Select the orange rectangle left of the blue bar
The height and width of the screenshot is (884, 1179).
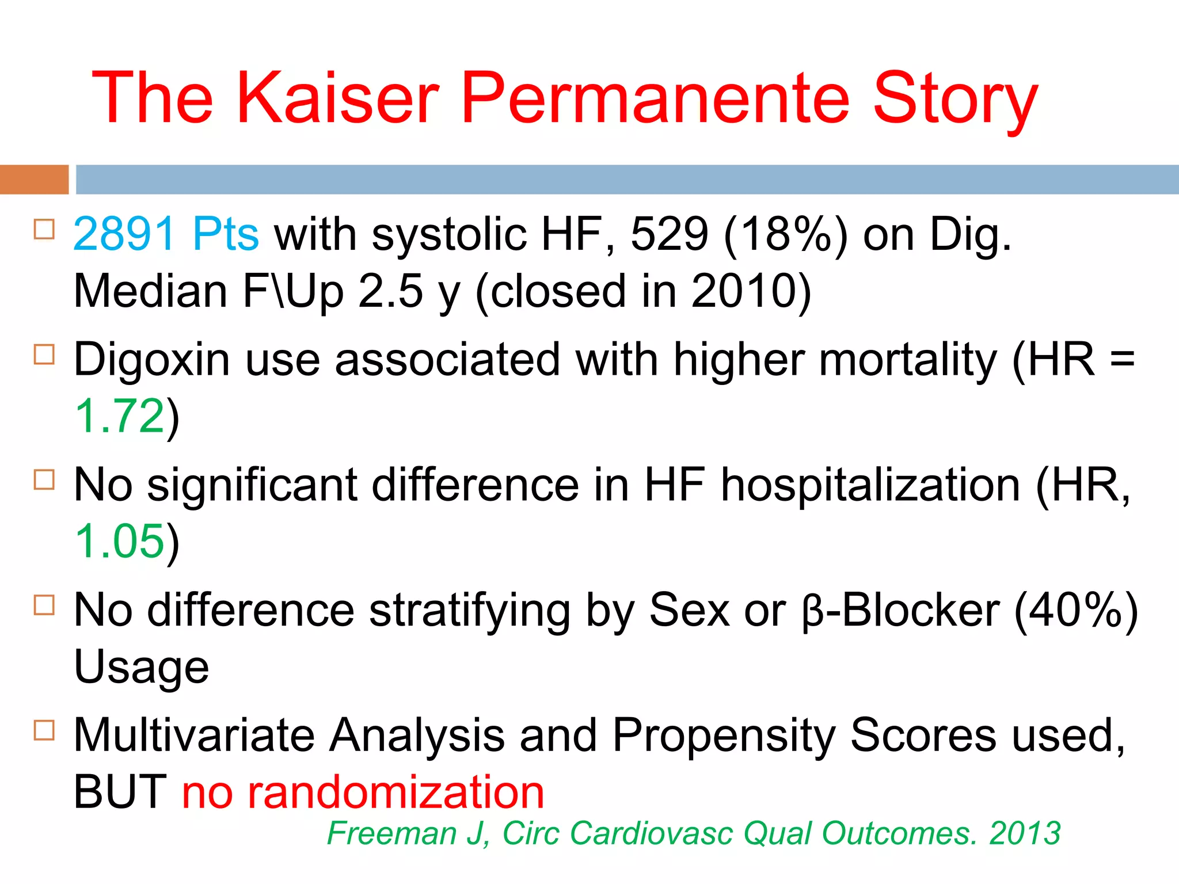(x=34, y=180)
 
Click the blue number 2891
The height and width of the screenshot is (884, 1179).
(x=124, y=234)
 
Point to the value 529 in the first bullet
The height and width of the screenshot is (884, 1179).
(x=669, y=234)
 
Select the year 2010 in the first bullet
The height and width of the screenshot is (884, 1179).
(x=743, y=291)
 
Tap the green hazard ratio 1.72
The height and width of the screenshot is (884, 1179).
(x=120, y=416)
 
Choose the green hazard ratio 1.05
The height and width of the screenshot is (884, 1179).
(x=120, y=542)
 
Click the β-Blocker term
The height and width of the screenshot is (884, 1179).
(x=900, y=610)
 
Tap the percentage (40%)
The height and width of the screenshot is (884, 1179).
(x=1075, y=610)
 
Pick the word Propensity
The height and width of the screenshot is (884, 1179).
(x=723, y=736)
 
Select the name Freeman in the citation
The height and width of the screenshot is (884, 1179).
(x=391, y=833)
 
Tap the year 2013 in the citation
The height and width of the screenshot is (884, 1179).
(x=1024, y=833)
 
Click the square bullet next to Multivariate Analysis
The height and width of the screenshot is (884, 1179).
(x=44, y=730)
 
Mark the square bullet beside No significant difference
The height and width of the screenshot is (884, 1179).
(x=44, y=479)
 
